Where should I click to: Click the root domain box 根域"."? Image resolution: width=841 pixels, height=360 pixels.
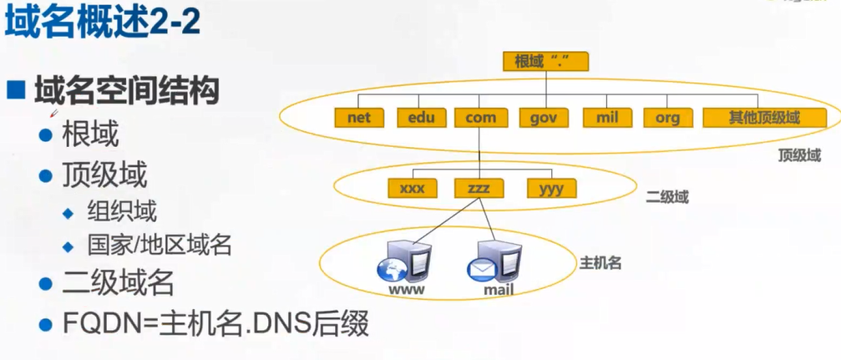tap(546, 61)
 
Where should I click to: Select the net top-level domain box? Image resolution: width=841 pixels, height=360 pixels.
tap(358, 118)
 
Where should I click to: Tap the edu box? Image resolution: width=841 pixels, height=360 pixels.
tap(420, 118)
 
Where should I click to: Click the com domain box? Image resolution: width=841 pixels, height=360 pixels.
tap(480, 118)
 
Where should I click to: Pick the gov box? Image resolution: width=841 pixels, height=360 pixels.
tap(543, 118)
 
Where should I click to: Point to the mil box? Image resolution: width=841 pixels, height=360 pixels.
tap(606, 118)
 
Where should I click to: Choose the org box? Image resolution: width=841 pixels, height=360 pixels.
tap(667, 118)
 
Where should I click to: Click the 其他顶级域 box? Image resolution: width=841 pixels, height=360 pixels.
tap(763, 118)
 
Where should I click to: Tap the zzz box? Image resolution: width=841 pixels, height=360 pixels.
tap(479, 189)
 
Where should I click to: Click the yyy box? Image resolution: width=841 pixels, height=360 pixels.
tap(550, 189)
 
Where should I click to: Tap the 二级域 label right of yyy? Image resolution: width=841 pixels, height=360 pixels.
tap(667, 198)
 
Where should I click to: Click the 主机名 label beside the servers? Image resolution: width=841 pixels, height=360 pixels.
tap(600, 263)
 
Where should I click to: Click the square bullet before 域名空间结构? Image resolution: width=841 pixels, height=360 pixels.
tap(16, 90)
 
